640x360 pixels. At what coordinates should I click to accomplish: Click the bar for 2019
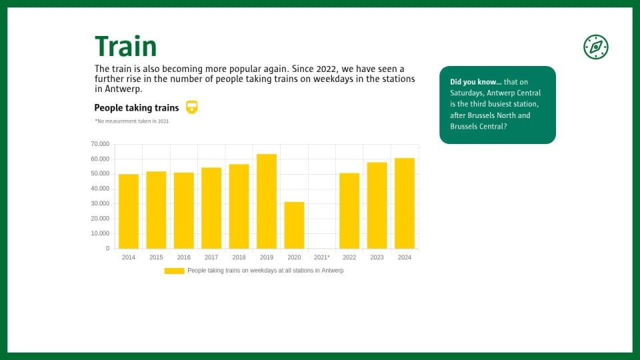coord(267,201)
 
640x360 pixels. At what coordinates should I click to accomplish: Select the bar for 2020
coord(294,225)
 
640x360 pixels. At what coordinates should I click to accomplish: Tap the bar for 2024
coord(405,203)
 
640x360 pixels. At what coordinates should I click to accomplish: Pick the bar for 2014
coord(129,211)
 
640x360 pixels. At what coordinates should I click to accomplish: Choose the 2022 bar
coord(349,211)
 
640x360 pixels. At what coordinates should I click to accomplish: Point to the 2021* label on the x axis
coord(321,257)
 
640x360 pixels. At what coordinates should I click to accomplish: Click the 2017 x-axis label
coord(211,257)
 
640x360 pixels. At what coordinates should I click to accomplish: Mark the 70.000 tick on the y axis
coord(100,144)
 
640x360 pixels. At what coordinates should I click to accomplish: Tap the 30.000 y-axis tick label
coord(100,204)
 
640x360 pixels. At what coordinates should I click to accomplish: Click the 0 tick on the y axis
coord(108,249)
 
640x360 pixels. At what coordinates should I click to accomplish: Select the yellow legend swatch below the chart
coord(174,271)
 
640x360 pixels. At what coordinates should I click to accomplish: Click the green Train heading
coord(126,46)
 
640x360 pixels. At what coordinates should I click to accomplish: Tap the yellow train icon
coord(192,107)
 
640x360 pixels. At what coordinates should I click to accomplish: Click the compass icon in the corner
coord(596,47)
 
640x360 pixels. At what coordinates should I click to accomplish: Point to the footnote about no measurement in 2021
coord(131,121)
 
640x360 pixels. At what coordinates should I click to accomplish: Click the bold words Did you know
coord(476,82)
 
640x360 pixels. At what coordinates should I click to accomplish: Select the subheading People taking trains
coord(137,108)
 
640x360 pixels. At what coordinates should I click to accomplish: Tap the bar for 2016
coord(184,211)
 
